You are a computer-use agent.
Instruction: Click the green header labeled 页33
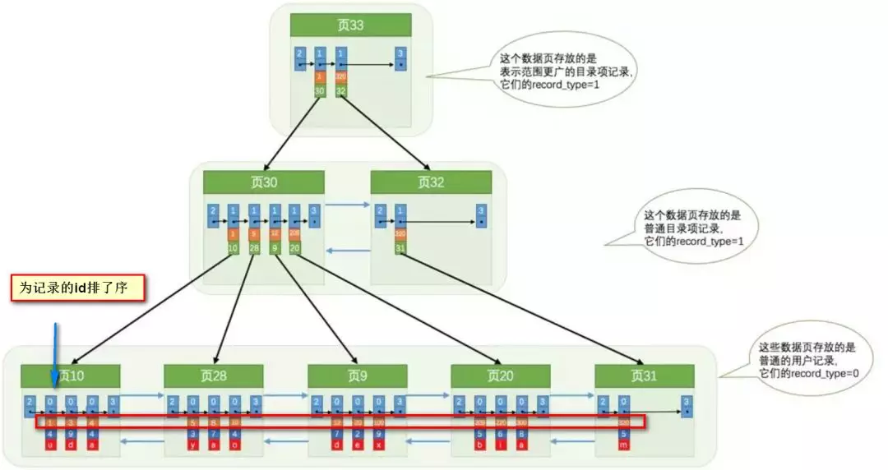[x=351, y=25]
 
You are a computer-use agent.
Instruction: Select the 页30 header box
[x=264, y=182]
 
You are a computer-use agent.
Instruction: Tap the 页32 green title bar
[x=431, y=182]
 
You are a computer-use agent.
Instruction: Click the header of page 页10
[x=71, y=376]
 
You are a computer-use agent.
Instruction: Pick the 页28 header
[x=214, y=376]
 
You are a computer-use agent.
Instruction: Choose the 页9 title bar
[x=358, y=376]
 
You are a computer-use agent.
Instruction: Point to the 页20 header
[x=500, y=376]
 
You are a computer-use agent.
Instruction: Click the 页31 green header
[x=644, y=376]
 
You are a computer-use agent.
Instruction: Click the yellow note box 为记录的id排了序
[x=78, y=288]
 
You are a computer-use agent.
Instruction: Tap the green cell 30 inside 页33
[x=320, y=90]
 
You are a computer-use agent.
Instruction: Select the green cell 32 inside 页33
[x=341, y=90]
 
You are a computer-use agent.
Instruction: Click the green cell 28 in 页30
[x=254, y=248]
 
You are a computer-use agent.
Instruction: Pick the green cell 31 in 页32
[x=400, y=248]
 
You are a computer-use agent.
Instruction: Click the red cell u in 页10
[x=51, y=445]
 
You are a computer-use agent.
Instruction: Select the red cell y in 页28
[x=193, y=445]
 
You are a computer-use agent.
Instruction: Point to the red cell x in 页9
[x=378, y=445]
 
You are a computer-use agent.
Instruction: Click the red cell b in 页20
[x=479, y=445]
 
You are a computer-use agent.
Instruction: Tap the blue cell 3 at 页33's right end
[x=400, y=59]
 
